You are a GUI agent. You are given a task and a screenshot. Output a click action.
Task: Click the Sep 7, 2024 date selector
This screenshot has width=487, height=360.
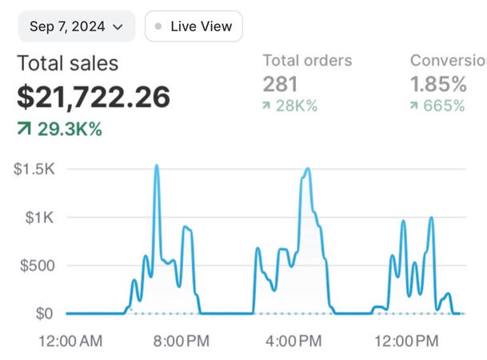click(76, 26)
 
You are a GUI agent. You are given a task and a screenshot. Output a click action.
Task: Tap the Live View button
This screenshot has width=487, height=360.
click(194, 26)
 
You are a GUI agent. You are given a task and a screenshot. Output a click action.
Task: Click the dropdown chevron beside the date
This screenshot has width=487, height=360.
click(118, 27)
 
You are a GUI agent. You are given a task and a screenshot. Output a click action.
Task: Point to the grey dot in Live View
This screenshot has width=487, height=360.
click(158, 26)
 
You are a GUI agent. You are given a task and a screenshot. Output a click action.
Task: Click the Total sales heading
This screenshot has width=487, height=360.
click(67, 63)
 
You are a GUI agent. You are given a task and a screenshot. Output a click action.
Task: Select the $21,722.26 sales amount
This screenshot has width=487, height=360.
click(94, 98)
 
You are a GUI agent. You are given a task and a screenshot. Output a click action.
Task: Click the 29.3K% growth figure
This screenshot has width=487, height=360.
click(70, 129)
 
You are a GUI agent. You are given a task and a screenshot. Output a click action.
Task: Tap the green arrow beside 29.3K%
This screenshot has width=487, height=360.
click(24, 129)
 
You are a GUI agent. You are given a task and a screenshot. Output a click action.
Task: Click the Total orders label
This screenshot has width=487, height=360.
click(307, 61)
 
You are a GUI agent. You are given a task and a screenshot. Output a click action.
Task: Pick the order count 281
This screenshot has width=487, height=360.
click(280, 84)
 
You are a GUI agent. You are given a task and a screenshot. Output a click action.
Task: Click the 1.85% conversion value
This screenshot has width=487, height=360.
click(438, 84)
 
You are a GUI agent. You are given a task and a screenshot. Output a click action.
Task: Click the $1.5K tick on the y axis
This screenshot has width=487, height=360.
click(34, 169)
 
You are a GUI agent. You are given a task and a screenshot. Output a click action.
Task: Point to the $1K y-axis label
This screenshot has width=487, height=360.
click(38, 217)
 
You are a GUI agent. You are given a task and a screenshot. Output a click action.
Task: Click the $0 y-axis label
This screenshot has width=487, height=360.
click(44, 314)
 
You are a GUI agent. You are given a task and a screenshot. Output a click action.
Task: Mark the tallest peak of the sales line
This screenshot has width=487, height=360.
click(156, 166)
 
